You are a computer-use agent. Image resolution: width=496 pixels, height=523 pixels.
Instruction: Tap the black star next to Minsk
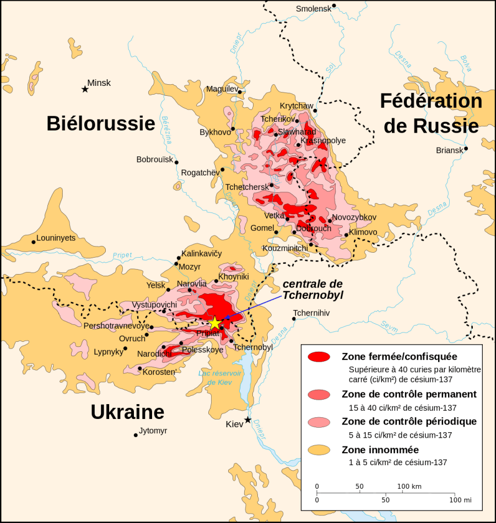85,89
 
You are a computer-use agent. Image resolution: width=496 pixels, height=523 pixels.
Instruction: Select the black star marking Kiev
248,420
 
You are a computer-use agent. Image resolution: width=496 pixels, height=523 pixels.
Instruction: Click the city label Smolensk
314,8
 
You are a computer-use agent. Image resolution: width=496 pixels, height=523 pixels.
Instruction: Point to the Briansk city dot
466,148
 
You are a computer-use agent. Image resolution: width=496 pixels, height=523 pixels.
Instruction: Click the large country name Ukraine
127,412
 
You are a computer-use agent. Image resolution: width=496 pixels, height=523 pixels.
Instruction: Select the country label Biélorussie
100,123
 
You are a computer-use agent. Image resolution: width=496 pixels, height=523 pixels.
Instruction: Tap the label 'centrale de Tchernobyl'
312,289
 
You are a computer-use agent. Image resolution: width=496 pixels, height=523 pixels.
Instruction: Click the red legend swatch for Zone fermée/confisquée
320,357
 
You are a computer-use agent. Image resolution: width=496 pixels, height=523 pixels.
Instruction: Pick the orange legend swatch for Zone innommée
320,450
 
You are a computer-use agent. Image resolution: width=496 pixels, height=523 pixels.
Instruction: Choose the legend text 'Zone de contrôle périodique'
409,422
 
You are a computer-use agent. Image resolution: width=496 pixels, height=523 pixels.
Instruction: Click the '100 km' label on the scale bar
409,487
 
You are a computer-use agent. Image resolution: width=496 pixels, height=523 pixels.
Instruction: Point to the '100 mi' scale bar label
460,500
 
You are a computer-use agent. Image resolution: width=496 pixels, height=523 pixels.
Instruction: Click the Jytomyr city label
153,431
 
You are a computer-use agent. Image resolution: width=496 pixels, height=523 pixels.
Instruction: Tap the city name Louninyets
56,238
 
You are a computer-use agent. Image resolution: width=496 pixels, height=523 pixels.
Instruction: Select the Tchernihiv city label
311,313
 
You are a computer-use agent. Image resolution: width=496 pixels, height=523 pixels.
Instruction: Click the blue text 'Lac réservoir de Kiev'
220,378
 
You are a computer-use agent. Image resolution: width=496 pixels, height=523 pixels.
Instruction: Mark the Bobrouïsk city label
155,160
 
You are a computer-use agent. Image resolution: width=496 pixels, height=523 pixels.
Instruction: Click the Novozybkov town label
354,217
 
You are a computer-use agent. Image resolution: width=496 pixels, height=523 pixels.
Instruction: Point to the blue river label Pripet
122,255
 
